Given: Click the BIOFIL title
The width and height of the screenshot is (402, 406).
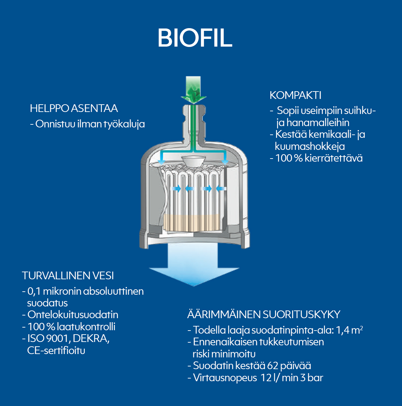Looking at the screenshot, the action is tap(195, 38).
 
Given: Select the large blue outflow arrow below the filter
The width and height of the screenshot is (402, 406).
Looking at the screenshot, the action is tap(194, 265).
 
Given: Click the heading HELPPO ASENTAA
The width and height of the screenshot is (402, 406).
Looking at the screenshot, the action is tap(74, 108).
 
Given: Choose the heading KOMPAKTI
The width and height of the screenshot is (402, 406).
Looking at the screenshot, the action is tap(295, 95).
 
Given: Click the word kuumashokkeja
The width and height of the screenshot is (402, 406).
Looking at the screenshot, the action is tap(310, 147).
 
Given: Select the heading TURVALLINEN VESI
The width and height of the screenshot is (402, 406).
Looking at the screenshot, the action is tap(68, 276).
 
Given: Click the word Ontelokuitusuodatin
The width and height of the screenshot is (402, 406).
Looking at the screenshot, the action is tap(73, 315).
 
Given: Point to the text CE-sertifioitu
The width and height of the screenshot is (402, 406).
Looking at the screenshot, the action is tap(56, 351).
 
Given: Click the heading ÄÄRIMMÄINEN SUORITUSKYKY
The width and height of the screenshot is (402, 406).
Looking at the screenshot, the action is tap(264, 314).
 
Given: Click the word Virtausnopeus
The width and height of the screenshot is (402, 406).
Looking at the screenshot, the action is tap(225, 378).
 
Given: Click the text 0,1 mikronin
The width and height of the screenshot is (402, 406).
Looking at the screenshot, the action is tap(54, 291).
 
